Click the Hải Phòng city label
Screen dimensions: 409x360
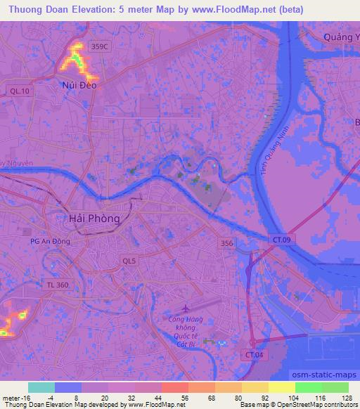coord(95,219)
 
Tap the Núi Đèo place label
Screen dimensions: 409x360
coord(78,85)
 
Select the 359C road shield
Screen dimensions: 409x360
coord(100,46)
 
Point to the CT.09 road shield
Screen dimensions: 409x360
coord(281,240)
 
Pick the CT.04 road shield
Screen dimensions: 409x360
coord(257,356)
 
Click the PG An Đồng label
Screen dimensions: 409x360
coord(50,241)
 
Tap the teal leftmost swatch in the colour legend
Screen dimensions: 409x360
coord(41,387)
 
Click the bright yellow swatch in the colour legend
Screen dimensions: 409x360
coord(281,387)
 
